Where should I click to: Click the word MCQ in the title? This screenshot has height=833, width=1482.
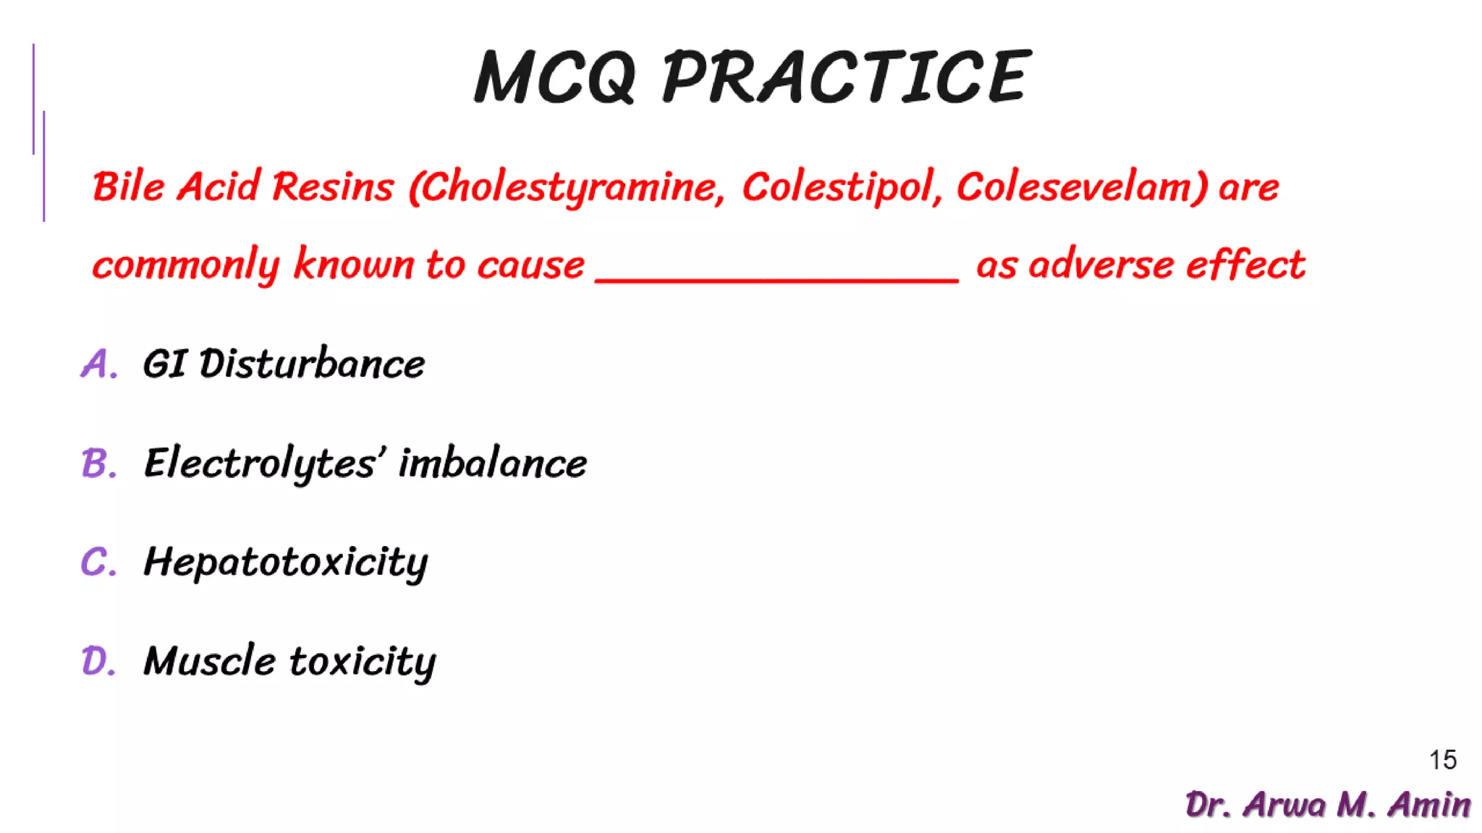click(554, 77)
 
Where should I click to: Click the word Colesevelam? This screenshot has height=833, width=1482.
click(1081, 187)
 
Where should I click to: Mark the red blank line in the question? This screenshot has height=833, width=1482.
click(776, 279)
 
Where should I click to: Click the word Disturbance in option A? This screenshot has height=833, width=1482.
click(312, 363)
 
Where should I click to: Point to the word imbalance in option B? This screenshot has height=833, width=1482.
click(492, 463)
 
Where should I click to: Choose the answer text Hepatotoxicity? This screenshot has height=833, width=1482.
click(286, 563)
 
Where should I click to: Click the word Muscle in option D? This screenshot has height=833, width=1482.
click(209, 661)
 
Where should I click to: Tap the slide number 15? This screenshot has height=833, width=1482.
click(1442, 760)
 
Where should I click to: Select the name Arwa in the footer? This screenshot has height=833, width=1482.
click(1284, 805)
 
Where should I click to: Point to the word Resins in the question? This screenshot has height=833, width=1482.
click(333, 187)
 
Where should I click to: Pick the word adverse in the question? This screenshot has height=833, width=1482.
click(1100, 265)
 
